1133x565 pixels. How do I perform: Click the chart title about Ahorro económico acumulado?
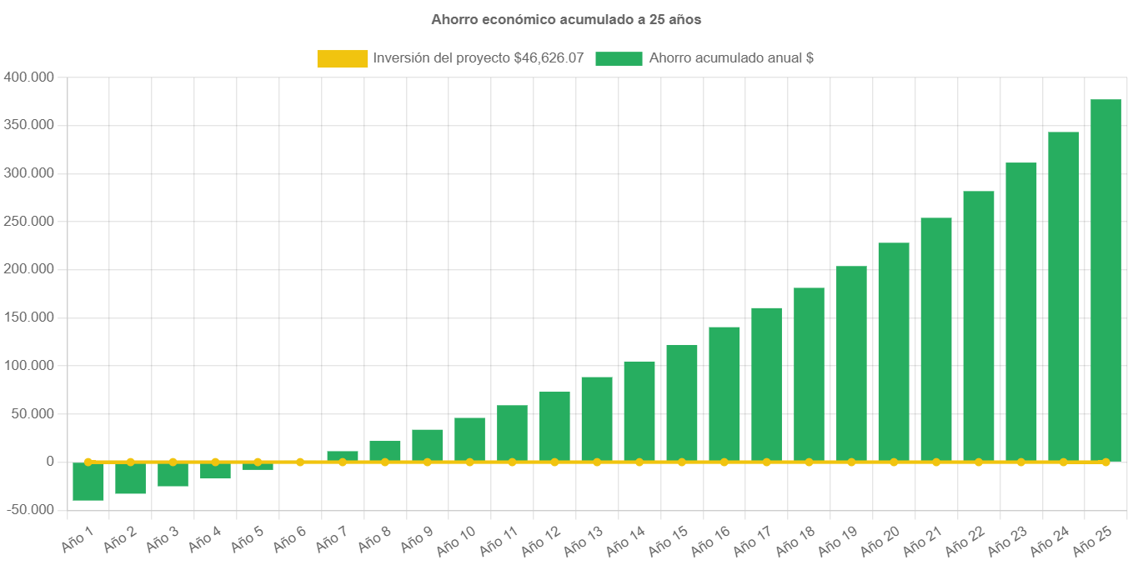point(566,18)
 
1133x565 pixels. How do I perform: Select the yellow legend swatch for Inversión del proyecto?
point(342,59)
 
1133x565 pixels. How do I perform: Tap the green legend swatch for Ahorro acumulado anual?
point(619,59)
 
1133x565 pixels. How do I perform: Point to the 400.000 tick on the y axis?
point(28,77)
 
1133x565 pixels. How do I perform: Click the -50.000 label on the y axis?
point(28,510)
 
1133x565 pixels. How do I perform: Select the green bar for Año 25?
point(1105,280)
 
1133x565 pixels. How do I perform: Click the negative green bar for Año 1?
point(88,482)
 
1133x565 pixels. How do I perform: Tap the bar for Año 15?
point(682,403)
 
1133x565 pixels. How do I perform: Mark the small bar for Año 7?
point(343,456)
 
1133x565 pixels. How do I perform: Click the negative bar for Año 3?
point(173,475)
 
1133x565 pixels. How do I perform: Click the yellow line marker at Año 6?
point(300,462)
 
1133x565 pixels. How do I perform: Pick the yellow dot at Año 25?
point(1105,462)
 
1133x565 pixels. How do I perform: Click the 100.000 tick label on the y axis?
point(28,366)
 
